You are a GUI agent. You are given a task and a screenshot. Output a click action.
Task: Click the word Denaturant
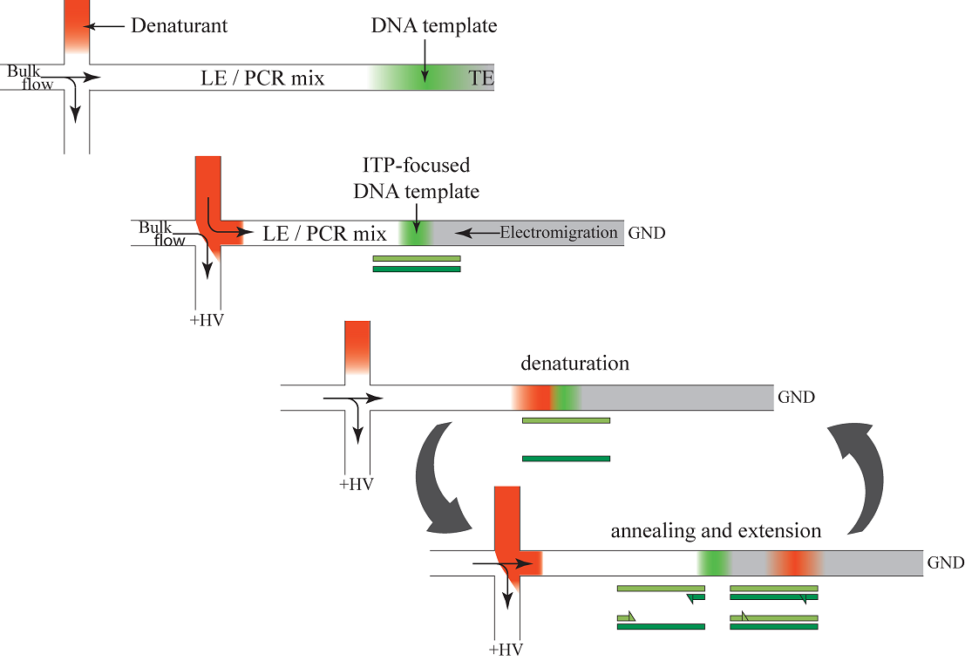point(179,25)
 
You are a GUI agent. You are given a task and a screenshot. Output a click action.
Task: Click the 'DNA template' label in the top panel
point(434,26)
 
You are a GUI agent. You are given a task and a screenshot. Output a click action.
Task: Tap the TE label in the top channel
point(481,78)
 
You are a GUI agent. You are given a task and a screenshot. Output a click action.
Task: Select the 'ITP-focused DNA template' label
point(417,178)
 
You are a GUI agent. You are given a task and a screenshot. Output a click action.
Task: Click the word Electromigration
point(558,233)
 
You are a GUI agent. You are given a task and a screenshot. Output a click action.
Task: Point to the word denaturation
point(574,363)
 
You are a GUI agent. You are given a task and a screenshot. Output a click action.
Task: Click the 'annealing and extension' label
point(716,530)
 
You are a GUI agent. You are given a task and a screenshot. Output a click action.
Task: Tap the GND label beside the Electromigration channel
point(646,234)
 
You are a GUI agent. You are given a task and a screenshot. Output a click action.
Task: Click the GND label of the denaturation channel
point(796,398)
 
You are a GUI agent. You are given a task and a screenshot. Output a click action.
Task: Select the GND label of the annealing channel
point(945,563)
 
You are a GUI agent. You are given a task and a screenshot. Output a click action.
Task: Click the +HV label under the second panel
point(207,320)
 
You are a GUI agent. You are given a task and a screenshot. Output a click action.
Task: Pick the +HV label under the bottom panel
point(506,650)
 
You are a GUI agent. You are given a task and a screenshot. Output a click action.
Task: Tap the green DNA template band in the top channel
point(424,77)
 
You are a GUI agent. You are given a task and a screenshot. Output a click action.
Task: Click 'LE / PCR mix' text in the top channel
point(262,78)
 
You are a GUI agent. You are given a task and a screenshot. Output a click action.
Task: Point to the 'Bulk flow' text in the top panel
point(31,77)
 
